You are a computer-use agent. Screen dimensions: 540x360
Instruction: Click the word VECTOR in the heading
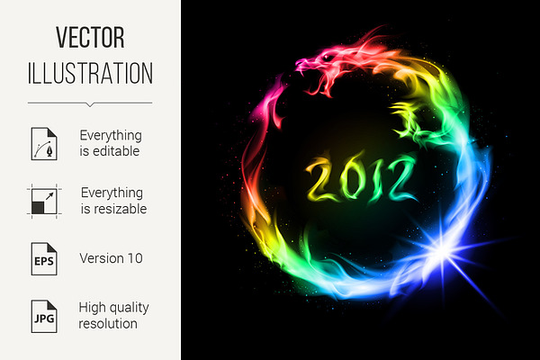pyautogui.click(x=90, y=37)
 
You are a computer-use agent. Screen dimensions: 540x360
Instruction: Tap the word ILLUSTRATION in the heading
pyautogui.click(x=90, y=73)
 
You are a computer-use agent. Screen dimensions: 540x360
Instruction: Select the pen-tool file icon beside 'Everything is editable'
pyautogui.click(x=44, y=144)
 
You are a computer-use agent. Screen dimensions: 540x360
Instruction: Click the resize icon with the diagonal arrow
pyautogui.click(x=44, y=202)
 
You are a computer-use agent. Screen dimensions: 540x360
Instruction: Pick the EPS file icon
pyautogui.click(x=44, y=258)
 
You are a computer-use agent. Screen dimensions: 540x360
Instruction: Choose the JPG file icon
pyautogui.click(x=44, y=316)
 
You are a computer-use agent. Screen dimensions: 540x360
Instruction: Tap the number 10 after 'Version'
pyautogui.click(x=135, y=258)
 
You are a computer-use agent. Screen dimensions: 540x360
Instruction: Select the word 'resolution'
pyautogui.click(x=108, y=324)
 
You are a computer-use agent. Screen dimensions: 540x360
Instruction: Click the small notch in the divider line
pyautogui.click(x=90, y=104)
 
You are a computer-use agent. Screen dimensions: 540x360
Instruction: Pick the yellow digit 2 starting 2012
pyautogui.click(x=319, y=179)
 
